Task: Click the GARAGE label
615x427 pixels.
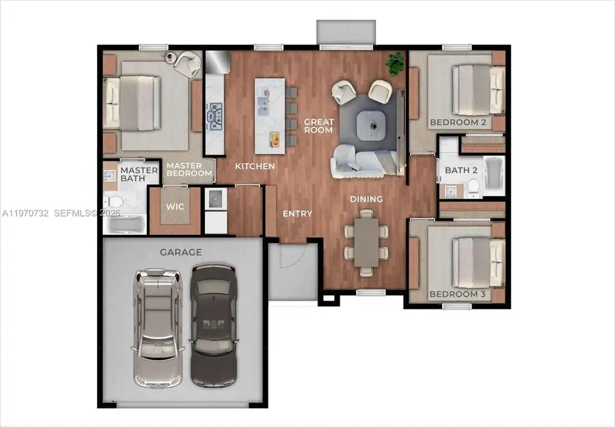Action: (180, 252)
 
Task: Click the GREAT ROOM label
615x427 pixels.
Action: (318, 126)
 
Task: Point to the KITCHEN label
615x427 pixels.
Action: (255, 166)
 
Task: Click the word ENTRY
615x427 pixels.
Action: (297, 214)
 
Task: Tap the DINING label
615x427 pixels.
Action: (366, 199)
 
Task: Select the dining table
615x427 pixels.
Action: (366, 242)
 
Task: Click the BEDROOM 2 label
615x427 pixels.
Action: (457, 123)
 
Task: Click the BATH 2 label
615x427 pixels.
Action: (461, 170)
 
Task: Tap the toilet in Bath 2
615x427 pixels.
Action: (471, 186)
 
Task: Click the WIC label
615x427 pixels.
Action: (175, 206)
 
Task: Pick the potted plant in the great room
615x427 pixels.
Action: (394, 64)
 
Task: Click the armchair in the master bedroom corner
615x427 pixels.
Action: (185, 64)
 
